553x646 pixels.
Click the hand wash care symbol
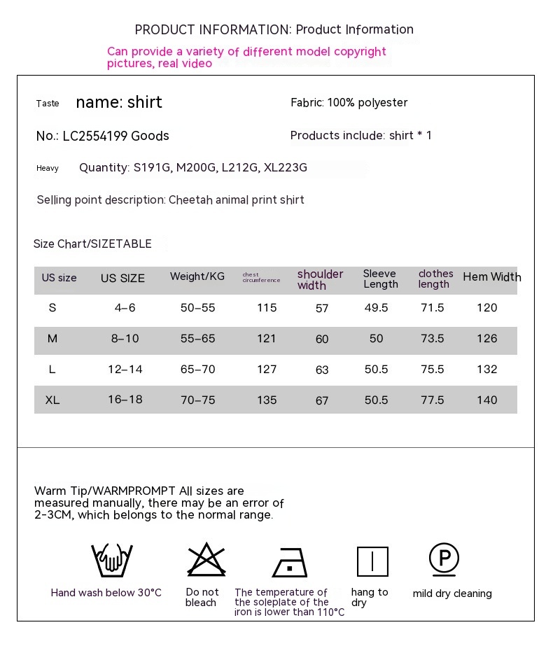[x=112, y=561]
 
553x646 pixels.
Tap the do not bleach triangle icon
[x=206, y=560]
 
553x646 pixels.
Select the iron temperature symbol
[x=290, y=562]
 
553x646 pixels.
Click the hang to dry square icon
[x=372, y=561]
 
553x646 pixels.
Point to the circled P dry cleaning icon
[x=444, y=559]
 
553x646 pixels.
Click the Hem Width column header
[x=491, y=277]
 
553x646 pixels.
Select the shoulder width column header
[x=320, y=279]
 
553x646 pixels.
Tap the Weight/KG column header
[x=197, y=276]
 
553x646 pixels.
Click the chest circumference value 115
[x=267, y=308]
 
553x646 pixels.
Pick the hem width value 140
[x=486, y=400]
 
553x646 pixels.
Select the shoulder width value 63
[x=322, y=370]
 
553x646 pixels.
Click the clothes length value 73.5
[x=432, y=339]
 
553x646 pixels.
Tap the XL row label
[x=52, y=400]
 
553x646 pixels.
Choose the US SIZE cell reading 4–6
[x=123, y=308]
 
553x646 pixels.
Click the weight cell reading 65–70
[x=197, y=370]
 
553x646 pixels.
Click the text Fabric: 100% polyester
[x=349, y=103]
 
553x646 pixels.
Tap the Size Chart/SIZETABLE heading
[x=92, y=244]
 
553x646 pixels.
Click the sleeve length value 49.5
[x=377, y=308]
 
